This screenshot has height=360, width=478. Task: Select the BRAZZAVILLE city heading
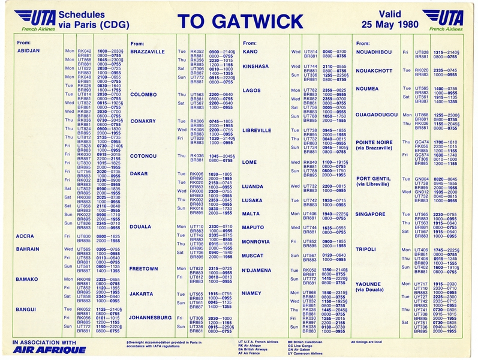pyautogui.click(x=147, y=52)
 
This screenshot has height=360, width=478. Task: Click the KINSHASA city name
pyautogui.click(x=257, y=66)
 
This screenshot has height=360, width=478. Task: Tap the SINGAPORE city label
pyautogui.click(x=371, y=214)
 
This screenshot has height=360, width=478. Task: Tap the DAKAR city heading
pyautogui.click(x=139, y=174)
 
